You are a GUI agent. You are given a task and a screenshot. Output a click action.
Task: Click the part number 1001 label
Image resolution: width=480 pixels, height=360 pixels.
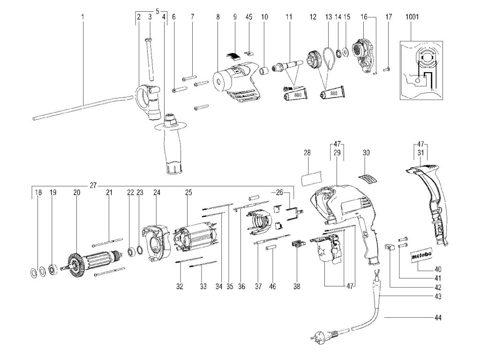point(412,17)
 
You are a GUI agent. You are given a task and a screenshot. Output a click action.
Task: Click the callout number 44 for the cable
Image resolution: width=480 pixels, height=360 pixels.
point(438,318)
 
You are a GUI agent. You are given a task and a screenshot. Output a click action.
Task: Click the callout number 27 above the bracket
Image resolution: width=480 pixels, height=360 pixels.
point(93,185)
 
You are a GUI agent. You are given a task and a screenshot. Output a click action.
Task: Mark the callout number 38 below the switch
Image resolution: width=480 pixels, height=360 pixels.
point(297,286)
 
